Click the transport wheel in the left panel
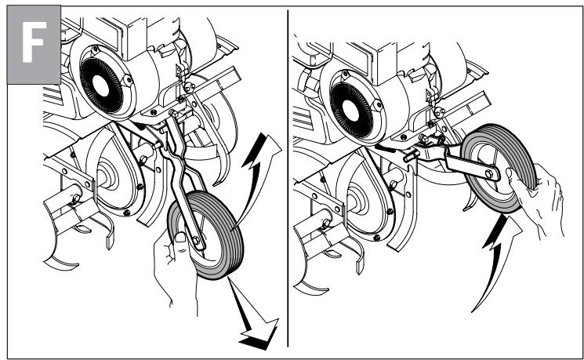205,235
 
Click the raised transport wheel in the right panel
499,169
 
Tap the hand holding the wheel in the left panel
174,268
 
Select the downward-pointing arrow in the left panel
253,317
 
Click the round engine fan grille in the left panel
101,85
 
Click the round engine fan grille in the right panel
351,111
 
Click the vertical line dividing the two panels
288,178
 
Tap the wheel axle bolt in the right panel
489,173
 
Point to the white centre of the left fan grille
101,86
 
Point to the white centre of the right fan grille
351,111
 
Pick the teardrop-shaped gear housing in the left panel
116,173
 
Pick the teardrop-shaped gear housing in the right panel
367,195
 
